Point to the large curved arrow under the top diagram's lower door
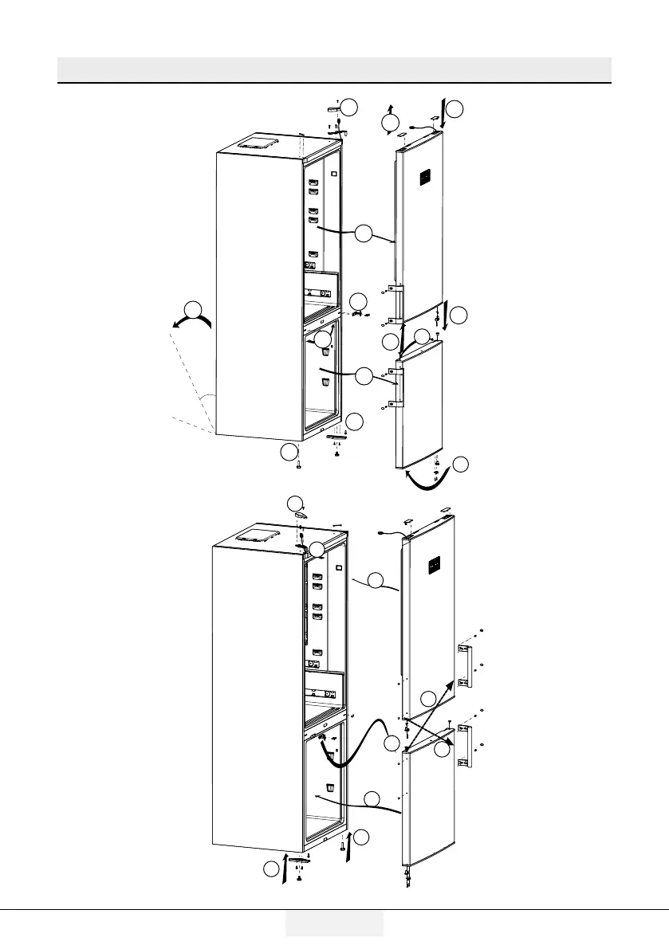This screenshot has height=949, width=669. click(x=431, y=478)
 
